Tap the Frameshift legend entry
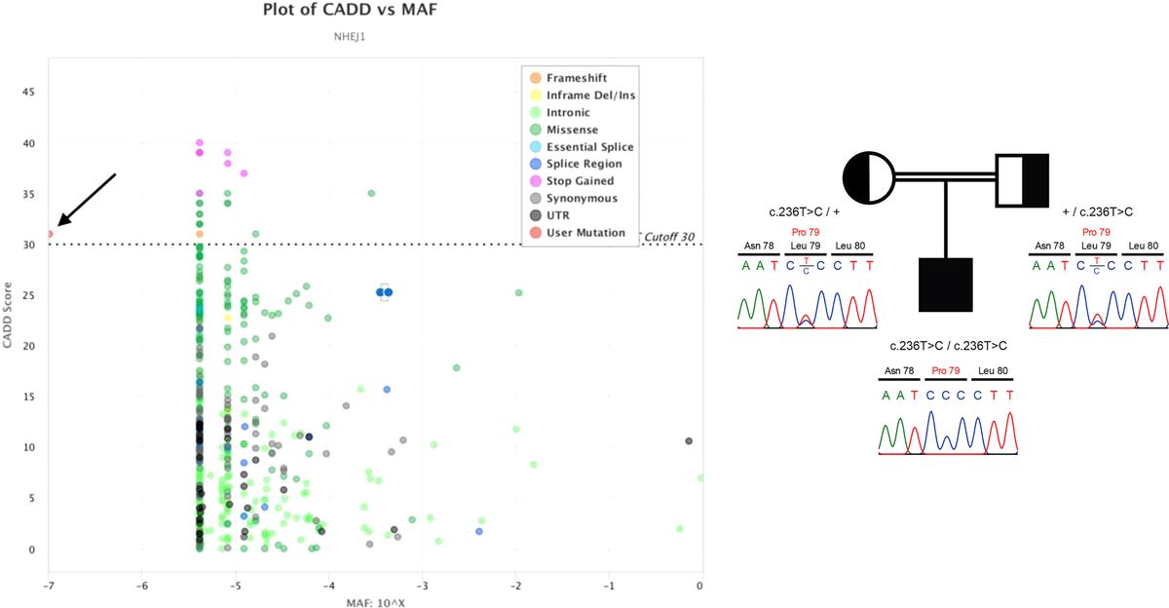click(x=578, y=77)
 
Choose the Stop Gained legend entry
click(x=580, y=180)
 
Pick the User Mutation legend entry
click(x=584, y=233)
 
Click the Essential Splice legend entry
click(x=589, y=146)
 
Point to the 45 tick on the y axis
click(x=29, y=92)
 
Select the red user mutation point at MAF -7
click(x=50, y=234)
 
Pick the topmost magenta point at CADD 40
click(x=200, y=143)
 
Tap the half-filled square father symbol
click(x=1021, y=179)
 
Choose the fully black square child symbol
click(x=945, y=285)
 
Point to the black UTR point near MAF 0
click(x=689, y=441)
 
